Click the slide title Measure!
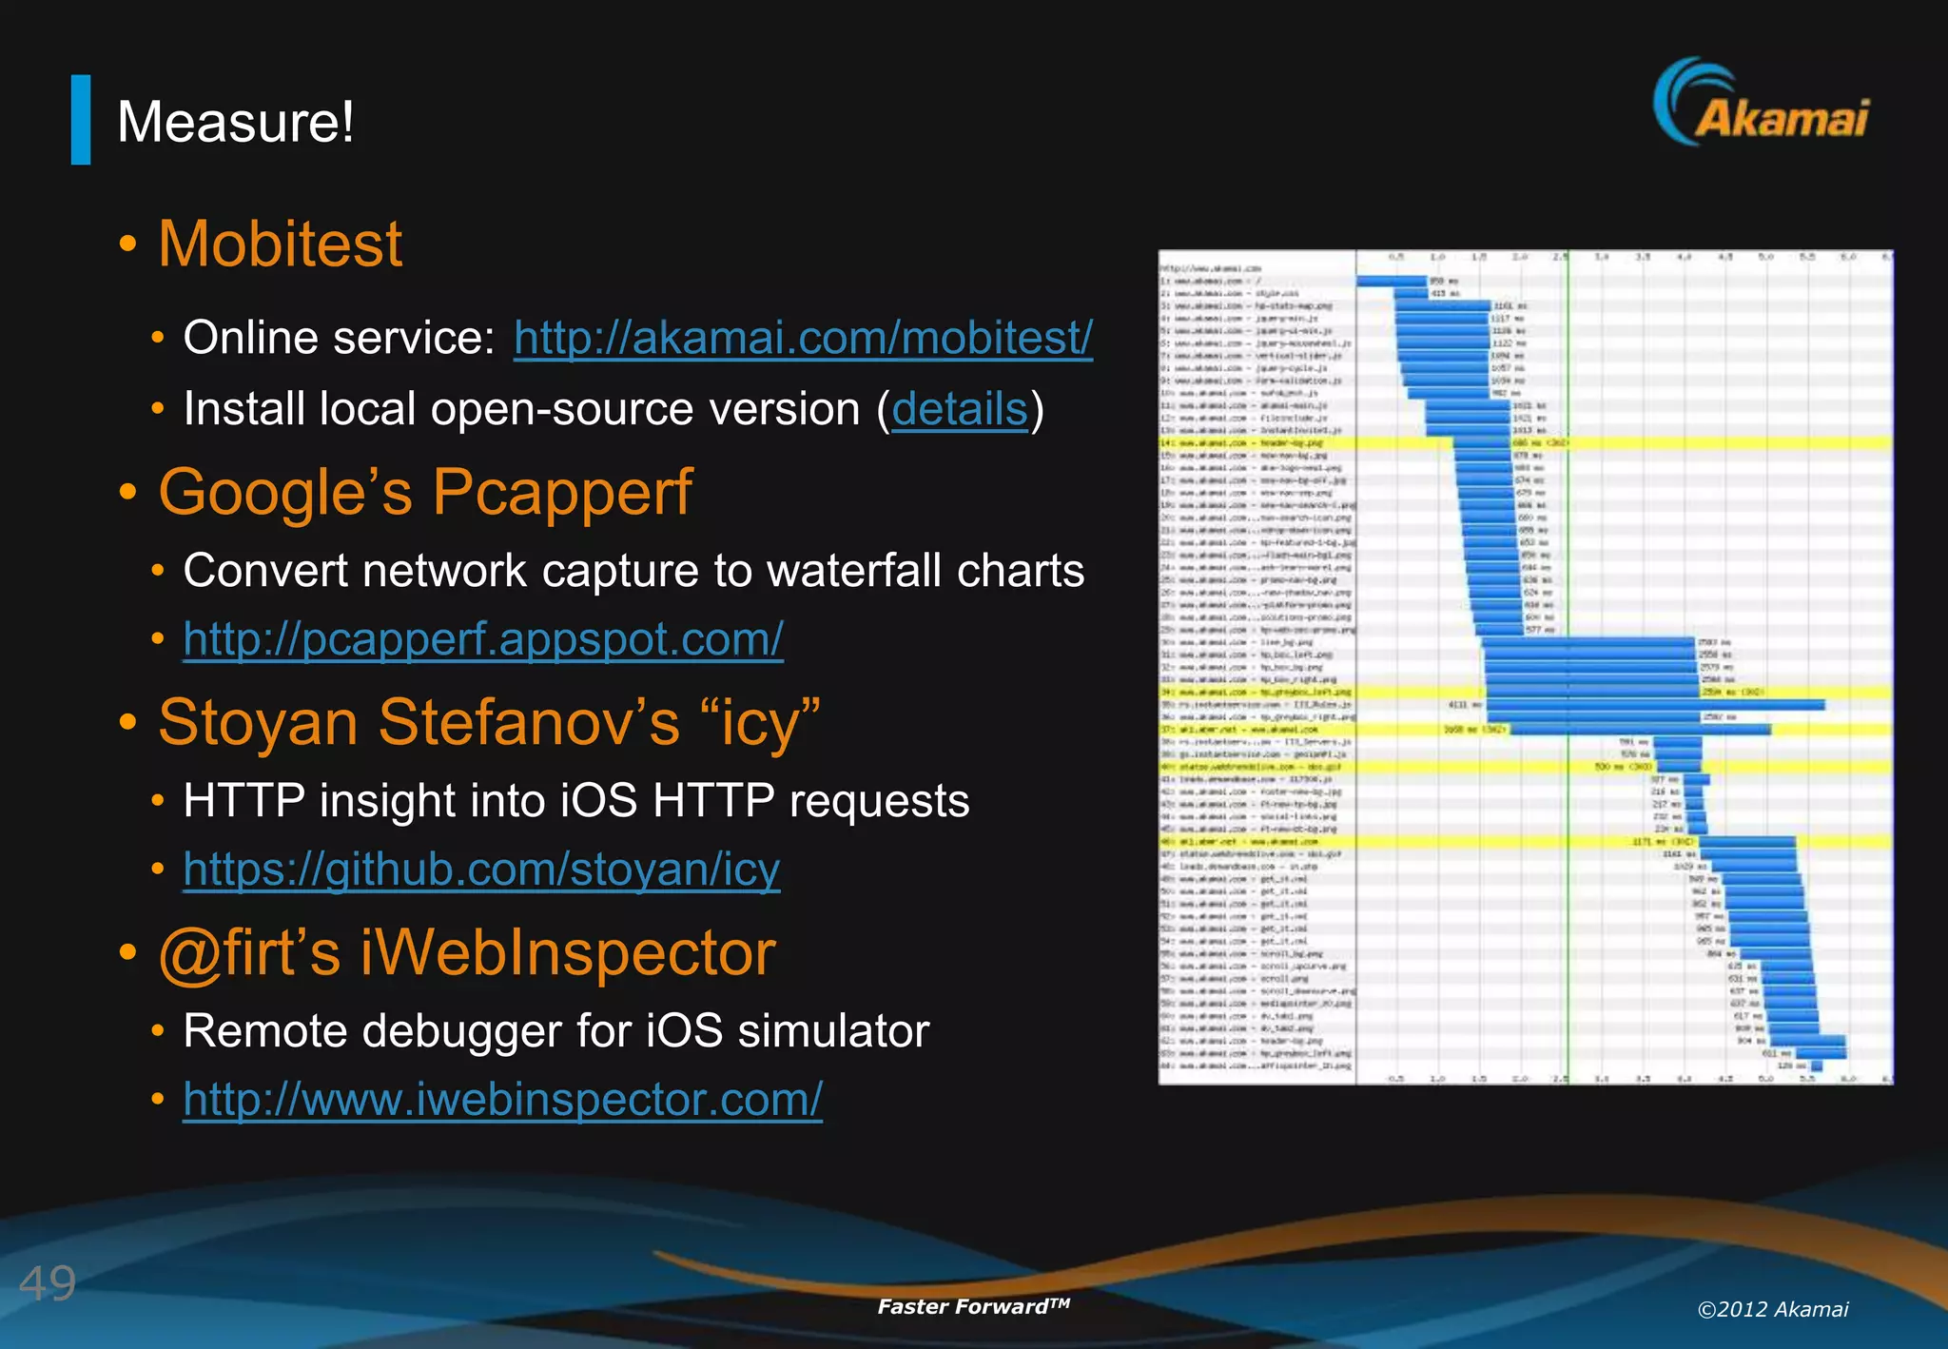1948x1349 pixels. (235, 123)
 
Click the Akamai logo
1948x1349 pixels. (1761, 105)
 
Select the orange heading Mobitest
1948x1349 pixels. (280, 244)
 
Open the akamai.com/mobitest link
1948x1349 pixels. (803, 338)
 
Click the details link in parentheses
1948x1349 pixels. (960, 409)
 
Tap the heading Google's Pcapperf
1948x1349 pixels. (425, 493)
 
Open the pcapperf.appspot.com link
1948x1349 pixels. (483, 638)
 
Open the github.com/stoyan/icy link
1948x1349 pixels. (481, 869)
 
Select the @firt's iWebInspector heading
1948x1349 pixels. (466, 953)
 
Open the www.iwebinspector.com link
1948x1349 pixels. (502, 1099)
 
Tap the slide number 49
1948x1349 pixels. (48, 1283)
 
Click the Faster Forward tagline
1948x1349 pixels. (973, 1306)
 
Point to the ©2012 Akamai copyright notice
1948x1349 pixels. (1772, 1309)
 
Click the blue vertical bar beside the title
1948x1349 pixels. (81, 120)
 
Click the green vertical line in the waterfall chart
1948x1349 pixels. (1568, 666)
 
